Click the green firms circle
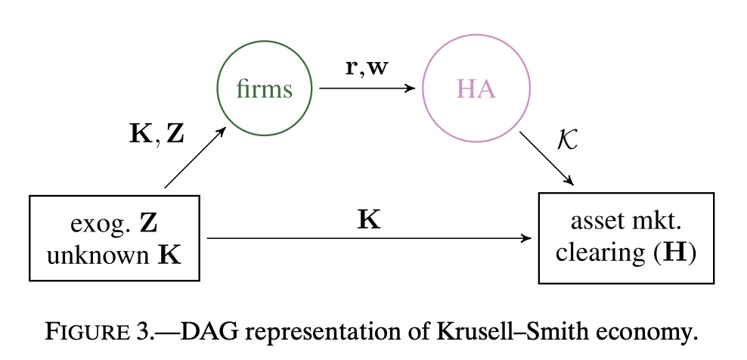264,89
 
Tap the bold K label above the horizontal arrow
369,219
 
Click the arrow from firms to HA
367,88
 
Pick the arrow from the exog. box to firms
195,157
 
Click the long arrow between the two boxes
369,238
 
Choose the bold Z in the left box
150,222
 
